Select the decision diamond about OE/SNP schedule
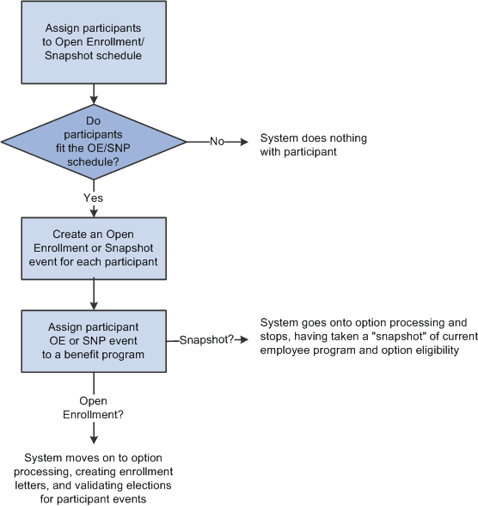pyautogui.click(x=93, y=138)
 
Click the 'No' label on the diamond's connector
pyautogui.click(x=217, y=140)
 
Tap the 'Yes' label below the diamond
pyautogui.click(x=93, y=197)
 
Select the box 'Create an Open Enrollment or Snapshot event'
pyautogui.click(x=93, y=249)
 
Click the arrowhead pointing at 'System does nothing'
pyautogui.click(x=242, y=140)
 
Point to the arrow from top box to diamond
pyautogui.click(x=93, y=97)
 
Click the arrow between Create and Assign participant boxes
pyautogui.click(x=93, y=295)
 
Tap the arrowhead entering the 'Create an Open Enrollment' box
pyautogui.click(x=93, y=212)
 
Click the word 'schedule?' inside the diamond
pyautogui.click(x=93, y=161)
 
